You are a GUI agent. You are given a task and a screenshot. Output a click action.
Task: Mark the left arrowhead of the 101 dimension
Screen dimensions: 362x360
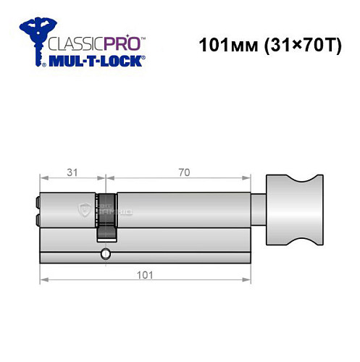click(43, 279)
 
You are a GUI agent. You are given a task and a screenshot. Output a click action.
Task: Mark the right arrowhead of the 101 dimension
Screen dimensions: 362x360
click(248, 279)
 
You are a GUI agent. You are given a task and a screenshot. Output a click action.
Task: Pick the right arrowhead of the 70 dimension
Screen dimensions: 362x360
click(248, 179)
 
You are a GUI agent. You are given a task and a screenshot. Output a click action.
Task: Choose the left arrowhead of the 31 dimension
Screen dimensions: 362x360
click(43, 179)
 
